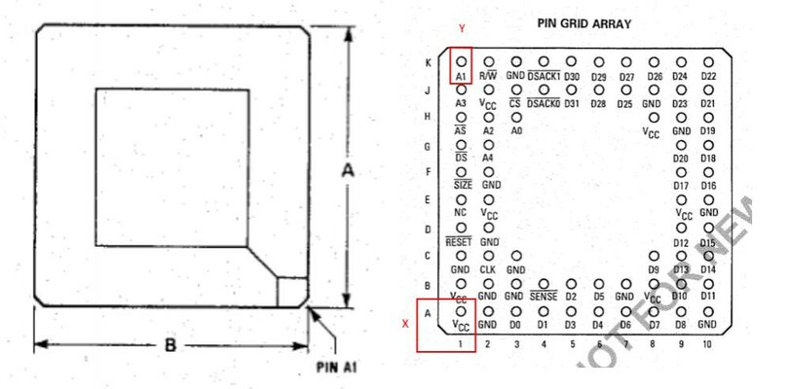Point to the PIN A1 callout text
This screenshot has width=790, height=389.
[x=339, y=368]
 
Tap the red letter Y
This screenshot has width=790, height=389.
[x=461, y=30]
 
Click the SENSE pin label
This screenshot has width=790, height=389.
[x=543, y=296]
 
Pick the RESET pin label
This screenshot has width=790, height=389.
[x=459, y=240]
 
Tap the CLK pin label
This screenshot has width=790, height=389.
[x=488, y=268]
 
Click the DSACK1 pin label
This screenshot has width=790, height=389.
[x=544, y=76]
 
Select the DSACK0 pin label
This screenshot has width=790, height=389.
[x=543, y=103]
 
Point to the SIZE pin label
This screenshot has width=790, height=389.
[x=462, y=185]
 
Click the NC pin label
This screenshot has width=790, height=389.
[x=461, y=212]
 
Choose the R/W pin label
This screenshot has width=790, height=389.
[x=488, y=76]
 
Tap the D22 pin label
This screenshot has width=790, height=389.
[x=708, y=76]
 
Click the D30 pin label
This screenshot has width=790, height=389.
[x=572, y=76]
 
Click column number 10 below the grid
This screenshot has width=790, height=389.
[x=707, y=343]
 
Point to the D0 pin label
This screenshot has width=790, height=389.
[x=515, y=323]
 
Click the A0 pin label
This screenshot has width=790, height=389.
[x=516, y=130]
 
